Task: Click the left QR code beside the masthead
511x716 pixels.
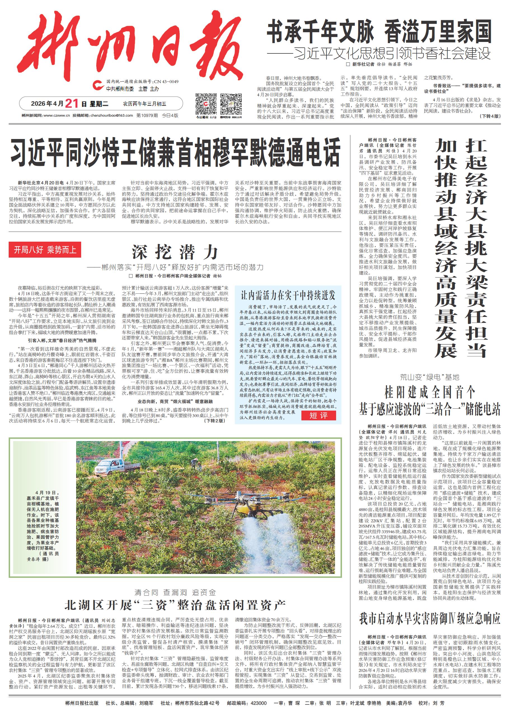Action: [206, 104]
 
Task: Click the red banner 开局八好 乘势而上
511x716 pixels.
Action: [45, 250]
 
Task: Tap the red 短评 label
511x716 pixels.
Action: [318, 415]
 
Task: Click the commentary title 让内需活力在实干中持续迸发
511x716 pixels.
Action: [288, 295]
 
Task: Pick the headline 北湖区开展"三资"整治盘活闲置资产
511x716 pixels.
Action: [175, 605]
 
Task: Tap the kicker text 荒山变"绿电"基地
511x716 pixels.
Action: [430, 377]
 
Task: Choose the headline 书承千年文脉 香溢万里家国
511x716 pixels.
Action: [379, 31]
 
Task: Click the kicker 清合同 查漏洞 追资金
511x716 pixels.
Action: [175, 592]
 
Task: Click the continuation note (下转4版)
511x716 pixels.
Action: [490, 116]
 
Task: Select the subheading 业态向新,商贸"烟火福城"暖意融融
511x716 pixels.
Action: [175, 402]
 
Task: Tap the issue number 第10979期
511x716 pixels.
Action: [147, 116]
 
